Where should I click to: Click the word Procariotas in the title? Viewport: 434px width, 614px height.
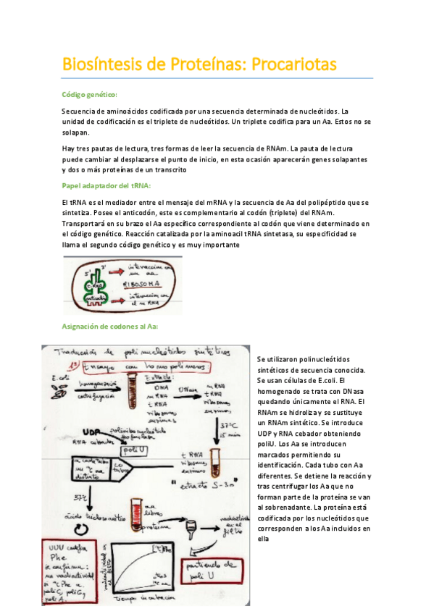point(293,64)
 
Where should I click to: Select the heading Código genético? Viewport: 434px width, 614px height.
point(90,95)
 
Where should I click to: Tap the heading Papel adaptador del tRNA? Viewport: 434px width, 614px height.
point(106,186)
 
